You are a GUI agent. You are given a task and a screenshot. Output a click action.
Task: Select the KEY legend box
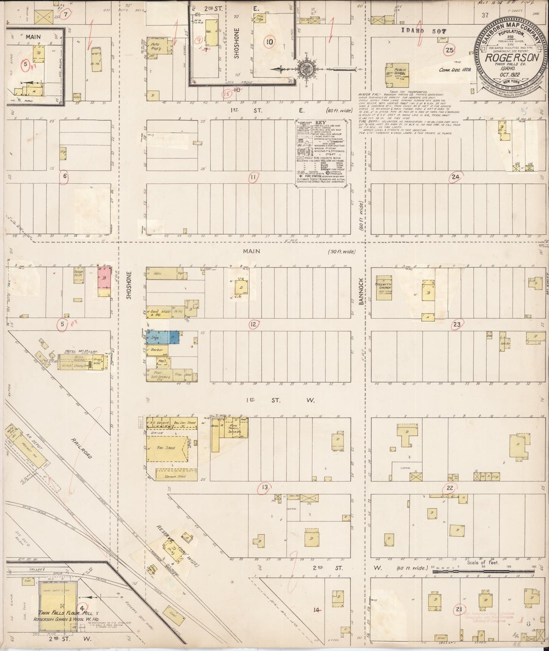point(321,152)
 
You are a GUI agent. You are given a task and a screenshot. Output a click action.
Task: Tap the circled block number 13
point(265,487)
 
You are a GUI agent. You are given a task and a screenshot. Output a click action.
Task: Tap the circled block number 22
point(450,488)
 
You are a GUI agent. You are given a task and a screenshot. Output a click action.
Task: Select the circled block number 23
point(457,324)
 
